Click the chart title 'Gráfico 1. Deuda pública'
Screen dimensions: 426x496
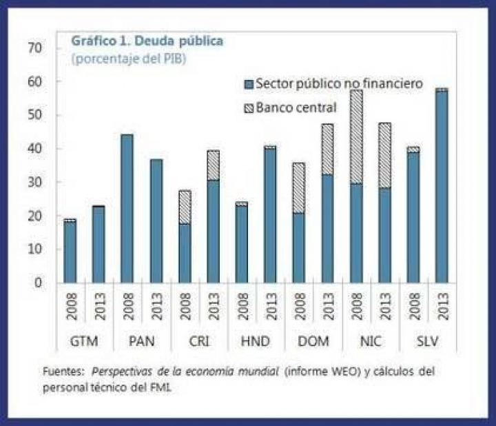[x=147, y=41]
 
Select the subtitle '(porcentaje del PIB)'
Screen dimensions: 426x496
[x=129, y=59]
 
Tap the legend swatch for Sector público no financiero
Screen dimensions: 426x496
[x=249, y=84]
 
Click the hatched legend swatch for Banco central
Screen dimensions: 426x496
[x=249, y=108]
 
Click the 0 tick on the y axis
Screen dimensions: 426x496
[x=40, y=283]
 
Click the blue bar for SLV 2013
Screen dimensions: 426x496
[x=441, y=187]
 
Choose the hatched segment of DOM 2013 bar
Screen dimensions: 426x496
[x=327, y=149]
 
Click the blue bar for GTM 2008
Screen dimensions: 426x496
[x=70, y=252]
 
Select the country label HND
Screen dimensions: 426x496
[x=256, y=341]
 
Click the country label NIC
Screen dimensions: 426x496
[x=370, y=341]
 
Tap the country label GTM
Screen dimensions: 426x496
[x=84, y=341]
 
